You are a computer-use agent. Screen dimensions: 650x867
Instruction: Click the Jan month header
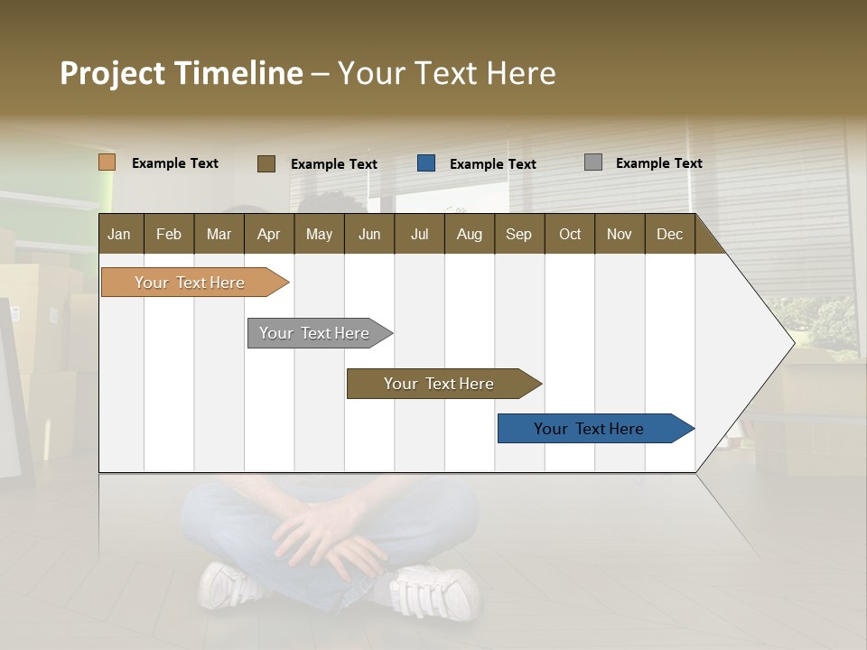point(119,234)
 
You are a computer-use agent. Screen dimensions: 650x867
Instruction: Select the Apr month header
point(268,234)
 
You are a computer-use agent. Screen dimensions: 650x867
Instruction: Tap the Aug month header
point(469,234)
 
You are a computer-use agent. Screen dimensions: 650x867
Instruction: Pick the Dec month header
point(669,234)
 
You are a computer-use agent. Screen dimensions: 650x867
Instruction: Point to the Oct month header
point(570,234)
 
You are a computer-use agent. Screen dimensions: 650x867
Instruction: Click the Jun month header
point(368,234)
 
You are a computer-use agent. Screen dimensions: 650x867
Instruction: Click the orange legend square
point(107,162)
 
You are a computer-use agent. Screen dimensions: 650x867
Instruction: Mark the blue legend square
point(426,163)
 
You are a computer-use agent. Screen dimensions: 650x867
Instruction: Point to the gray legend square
point(592,162)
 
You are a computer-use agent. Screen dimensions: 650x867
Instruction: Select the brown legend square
point(266,163)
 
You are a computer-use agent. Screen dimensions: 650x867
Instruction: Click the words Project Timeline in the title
point(181,73)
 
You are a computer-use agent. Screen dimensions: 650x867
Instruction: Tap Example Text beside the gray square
point(658,163)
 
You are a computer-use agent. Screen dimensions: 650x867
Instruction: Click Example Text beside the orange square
point(175,163)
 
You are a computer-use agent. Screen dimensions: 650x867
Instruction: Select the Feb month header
point(169,234)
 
